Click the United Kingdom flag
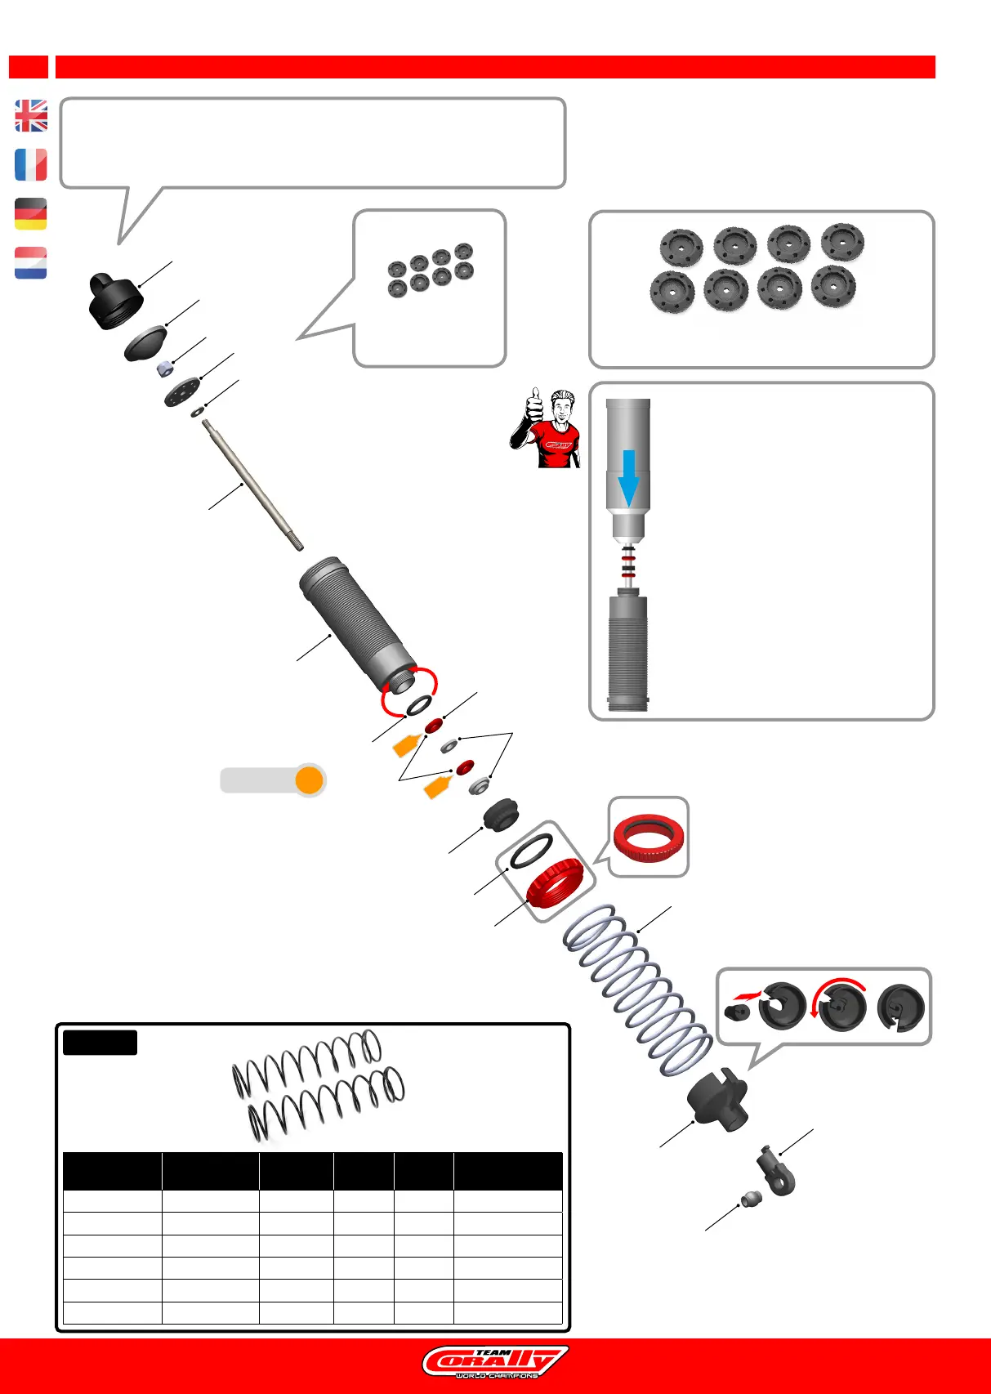31,116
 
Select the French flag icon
31,165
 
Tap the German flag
31,214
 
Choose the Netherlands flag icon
31,263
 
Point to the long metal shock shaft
252,483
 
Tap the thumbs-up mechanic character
547,428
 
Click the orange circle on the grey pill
310,780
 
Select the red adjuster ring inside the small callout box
649,838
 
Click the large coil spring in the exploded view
638,990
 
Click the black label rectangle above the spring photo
100,1043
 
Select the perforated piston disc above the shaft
182,392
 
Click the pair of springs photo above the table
318,1086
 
